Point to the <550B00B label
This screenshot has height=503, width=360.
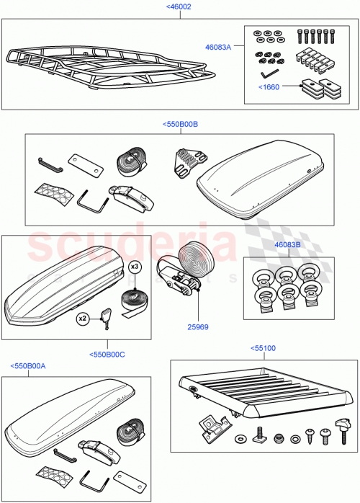(x=180, y=124)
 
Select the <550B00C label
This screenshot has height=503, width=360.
(x=107, y=354)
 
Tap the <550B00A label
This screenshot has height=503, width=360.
(x=28, y=366)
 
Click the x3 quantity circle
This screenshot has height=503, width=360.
(x=135, y=267)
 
